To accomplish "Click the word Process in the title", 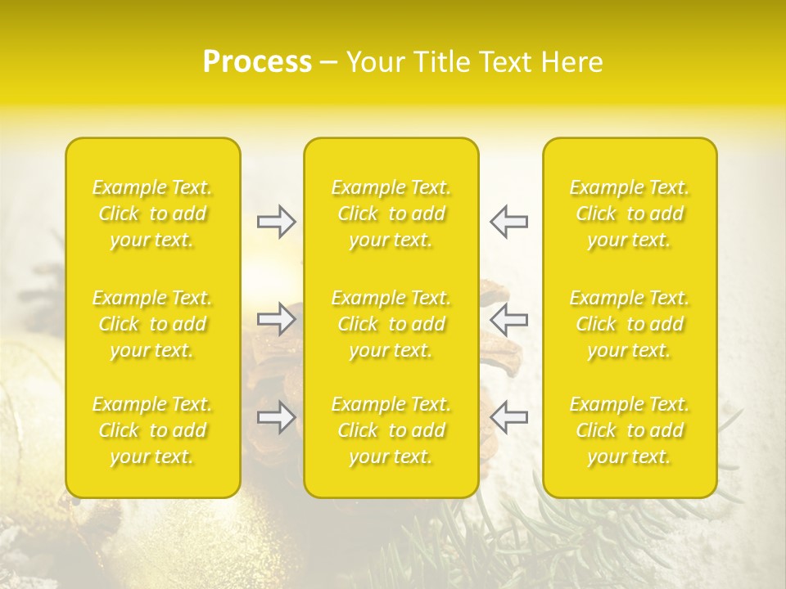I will click(257, 62).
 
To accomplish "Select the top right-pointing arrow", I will click(276, 222).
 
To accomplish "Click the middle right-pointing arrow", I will click(276, 320).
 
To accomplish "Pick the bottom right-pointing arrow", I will click(276, 418).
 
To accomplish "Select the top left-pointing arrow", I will click(509, 222).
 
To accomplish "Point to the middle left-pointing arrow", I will click(509, 320).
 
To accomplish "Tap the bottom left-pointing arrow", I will click(509, 418).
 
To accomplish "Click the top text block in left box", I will click(152, 214).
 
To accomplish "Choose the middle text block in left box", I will click(152, 324).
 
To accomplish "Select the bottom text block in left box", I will click(152, 430).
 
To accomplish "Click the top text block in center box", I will click(391, 214).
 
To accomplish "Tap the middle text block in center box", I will click(391, 324).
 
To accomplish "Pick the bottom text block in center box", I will click(391, 430).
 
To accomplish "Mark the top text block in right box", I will click(630, 214).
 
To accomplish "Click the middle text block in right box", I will click(630, 324).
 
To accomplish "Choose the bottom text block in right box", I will click(630, 430).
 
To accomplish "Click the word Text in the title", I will click(504, 62).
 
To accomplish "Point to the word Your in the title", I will click(373, 62).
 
